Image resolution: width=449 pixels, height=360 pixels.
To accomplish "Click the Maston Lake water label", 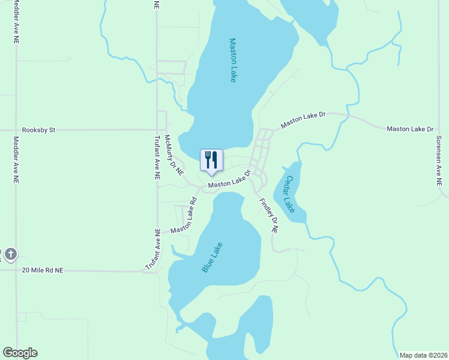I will tap(234, 60).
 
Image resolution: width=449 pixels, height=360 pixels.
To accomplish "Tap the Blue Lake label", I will tap(212, 257).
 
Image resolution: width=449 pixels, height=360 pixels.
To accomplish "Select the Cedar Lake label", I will tap(289, 194).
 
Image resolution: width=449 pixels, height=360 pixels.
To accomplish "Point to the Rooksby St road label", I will tap(38, 129).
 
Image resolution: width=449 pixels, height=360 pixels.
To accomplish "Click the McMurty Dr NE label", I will tap(173, 155).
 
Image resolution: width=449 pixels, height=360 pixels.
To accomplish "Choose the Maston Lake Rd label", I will tap(184, 217).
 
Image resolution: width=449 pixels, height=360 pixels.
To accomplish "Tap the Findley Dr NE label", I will tap(268, 215).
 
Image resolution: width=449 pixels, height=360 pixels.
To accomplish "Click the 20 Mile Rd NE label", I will tap(42, 271).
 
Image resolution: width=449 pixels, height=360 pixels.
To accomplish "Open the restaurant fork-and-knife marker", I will tap(211, 160).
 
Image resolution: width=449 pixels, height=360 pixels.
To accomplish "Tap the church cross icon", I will tap(10, 255).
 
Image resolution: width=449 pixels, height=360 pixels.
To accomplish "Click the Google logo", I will tap(20, 353).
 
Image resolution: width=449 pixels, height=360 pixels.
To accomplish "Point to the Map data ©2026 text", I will tap(423, 355).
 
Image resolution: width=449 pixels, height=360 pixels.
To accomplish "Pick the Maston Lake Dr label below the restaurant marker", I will tap(229, 182).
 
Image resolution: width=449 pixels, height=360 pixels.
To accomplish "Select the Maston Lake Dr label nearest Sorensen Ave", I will tap(410, 129).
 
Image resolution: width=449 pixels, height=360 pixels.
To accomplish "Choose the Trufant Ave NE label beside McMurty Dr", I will tap(157, 158).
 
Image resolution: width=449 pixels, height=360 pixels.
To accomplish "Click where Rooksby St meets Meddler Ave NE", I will tap(16, 129).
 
